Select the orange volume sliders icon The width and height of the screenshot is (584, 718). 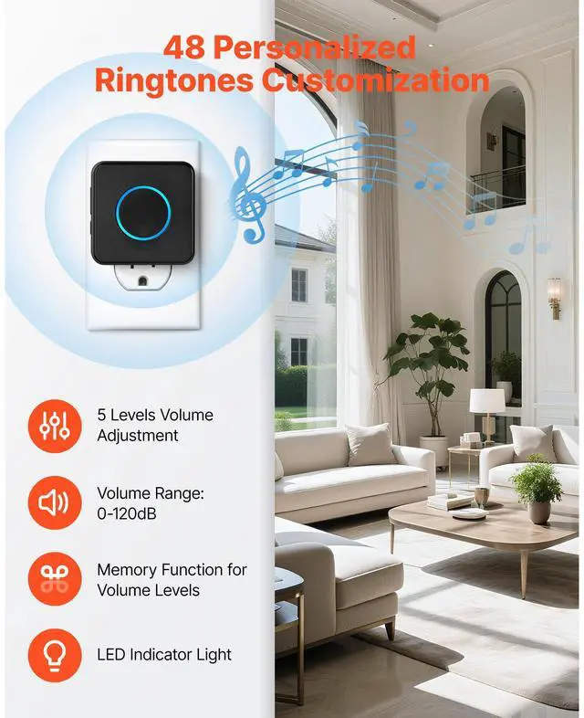54,425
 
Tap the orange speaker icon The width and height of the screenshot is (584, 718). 54,502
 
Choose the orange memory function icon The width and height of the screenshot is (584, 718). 54,580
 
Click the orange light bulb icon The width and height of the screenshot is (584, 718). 54,655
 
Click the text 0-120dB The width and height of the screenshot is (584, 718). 127,514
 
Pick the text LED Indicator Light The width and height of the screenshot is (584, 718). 164,654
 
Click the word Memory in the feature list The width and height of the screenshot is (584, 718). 128,570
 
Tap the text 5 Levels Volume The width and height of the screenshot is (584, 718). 155,415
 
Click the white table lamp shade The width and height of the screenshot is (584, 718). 487,400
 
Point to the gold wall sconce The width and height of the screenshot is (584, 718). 554,296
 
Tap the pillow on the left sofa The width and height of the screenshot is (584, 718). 370,445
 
